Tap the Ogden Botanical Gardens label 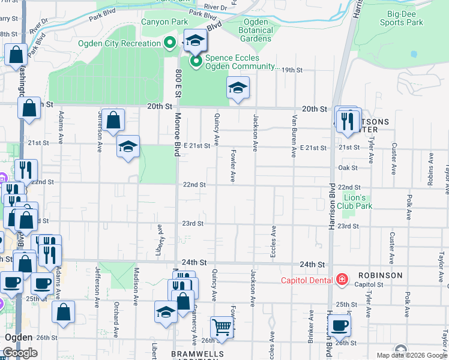(x=256, y=31)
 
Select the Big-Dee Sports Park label (x=405, y=18)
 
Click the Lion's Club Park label (x=358, y=202)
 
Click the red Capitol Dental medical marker (x=342, y=279)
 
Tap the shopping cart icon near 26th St (x=221, y=327)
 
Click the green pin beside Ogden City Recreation (x=170, y=43)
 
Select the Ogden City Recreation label (x=119, y=43)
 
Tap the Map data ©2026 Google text (x=412, y=355)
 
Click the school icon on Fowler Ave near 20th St (x=238, y=88)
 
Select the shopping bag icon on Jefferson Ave (x=113, y=120)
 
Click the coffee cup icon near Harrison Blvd (x=340, y=325)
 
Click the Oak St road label (x=348, y=168)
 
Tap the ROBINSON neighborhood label (x=380, y=275)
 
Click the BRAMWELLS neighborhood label (x=197, y=354)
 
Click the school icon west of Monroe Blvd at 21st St (x=128, y=146)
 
